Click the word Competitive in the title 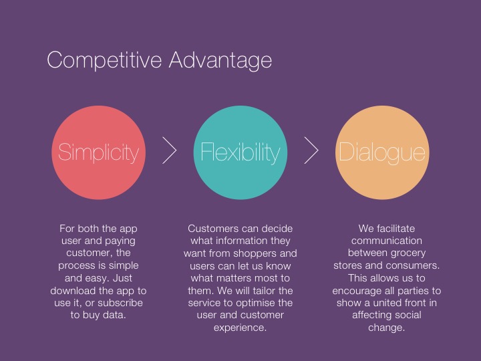[104, 60]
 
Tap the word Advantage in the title [220, 60]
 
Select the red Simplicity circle [98, 152]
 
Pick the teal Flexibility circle [240, 152]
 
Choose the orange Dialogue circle [382, 152]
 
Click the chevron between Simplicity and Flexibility [170, 150]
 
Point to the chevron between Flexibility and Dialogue [311, 150]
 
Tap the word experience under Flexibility [240, 328]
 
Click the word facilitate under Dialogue [396, 229]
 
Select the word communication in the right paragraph [387, 241]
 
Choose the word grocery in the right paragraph [407, 253]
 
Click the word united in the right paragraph [387, 303]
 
